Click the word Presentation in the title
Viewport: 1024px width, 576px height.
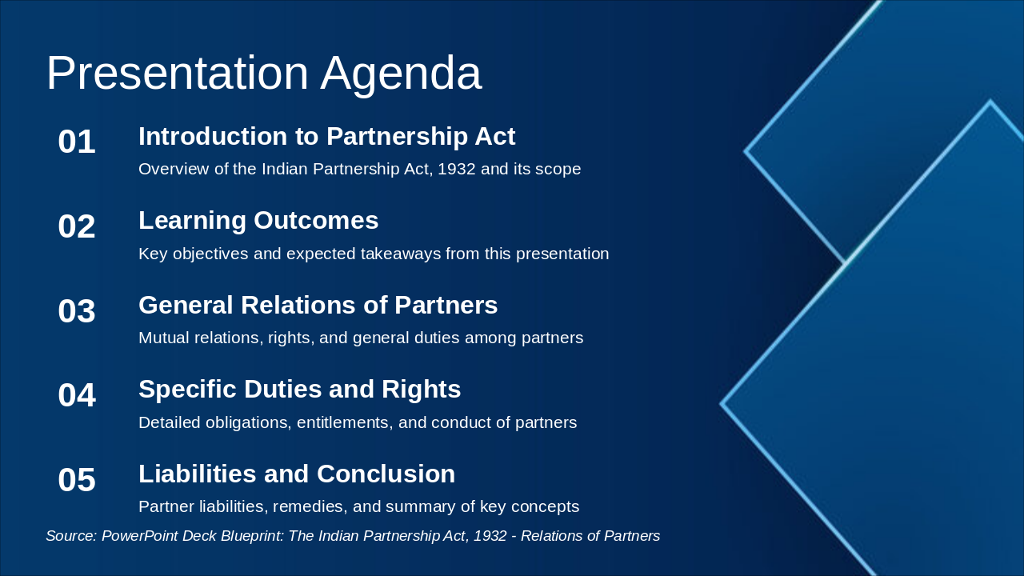pyautogui.click(x=177, y=74)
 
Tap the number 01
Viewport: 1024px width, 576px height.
pyautogui.click(x=77, y=142)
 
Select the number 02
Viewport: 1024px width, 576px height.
pyautogui.click(x=77, y=227)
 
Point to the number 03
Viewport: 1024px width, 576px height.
pyautogui.click(x=77, y=311)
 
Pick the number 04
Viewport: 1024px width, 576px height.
pyautogui.click(x=77, y=396)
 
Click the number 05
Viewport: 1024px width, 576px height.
pyautogui.click(x=77, y=480)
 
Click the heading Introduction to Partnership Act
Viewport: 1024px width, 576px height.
pyautogui.click(x=326, y=137)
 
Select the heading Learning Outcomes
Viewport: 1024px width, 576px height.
pyautogui.click(x=258, y=221)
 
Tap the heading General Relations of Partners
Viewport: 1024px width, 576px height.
pyautogui.click(x=318, y=306)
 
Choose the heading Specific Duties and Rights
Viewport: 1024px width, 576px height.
pyautogui.click(x=299, y=390)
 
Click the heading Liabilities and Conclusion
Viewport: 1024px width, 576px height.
pyautogui.click(x=297, y=474)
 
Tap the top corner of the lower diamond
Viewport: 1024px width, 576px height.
pyautogui.click(x=990, y=102)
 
